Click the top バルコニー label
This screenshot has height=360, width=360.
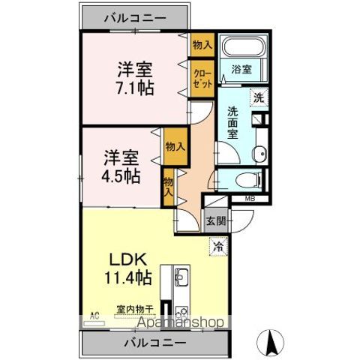click(x=135, y=16)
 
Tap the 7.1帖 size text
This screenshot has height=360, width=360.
click(x=134, y=87)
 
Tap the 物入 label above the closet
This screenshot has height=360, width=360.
click(x=202, y=45)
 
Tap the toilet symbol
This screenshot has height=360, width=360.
click(x=244, y=179)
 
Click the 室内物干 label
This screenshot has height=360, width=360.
click(x=135, y=307)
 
